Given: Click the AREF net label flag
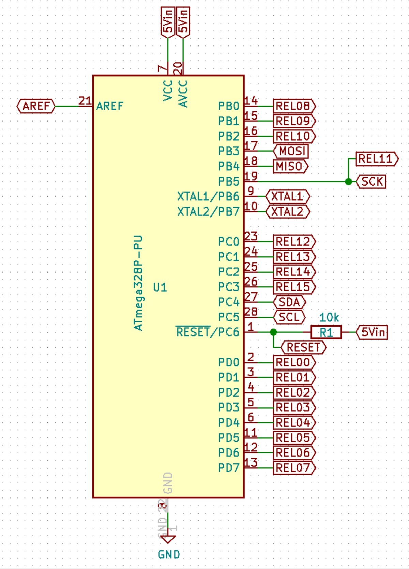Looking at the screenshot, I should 36,106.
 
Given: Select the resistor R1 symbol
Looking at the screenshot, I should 326,332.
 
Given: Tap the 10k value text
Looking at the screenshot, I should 329,317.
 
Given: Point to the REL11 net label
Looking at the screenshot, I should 376,159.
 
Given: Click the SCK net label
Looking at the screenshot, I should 371,182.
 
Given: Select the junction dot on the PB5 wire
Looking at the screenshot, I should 348,182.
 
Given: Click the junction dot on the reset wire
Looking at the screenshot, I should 273,332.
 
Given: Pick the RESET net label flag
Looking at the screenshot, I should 303,347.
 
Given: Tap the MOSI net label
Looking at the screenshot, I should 291,151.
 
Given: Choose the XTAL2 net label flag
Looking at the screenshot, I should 288,212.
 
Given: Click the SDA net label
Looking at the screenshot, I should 289,302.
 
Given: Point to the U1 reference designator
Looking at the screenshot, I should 160,287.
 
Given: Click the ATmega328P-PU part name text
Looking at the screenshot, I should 138,283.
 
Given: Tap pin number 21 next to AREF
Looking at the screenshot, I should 85,101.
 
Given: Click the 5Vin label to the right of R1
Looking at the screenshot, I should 372,332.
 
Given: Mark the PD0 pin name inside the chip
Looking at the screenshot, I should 229,362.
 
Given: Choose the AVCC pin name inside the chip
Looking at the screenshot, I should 183,94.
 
